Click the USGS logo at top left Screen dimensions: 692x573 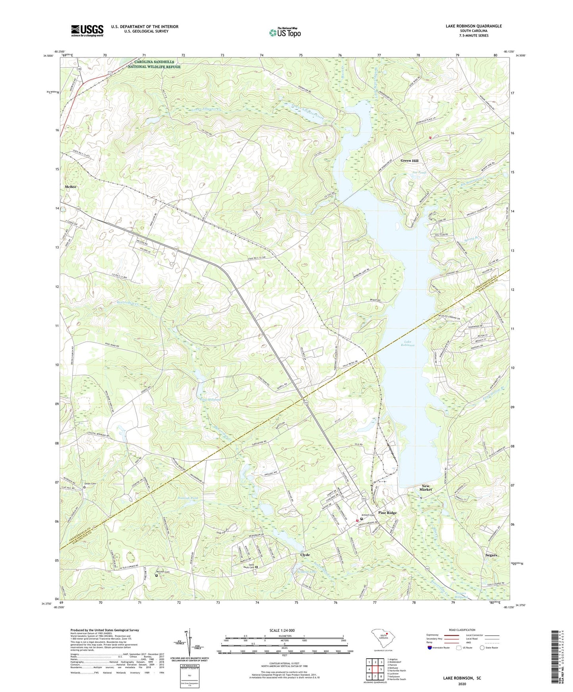click(x=87, y=31)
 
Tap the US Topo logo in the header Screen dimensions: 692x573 click(x=284, y=32)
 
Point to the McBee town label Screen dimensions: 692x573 click(x=71, y=186)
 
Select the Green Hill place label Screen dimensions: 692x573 click(x=409, y=161)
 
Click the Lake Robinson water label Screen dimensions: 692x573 click(x=409, y=343)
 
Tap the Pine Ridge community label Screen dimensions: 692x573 click(x=387, y=513)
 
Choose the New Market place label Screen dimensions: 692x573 click(x=425, y=487)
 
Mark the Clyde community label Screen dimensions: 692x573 click(x=305, y=555)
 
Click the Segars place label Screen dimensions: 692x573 click(x=491, y=555)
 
